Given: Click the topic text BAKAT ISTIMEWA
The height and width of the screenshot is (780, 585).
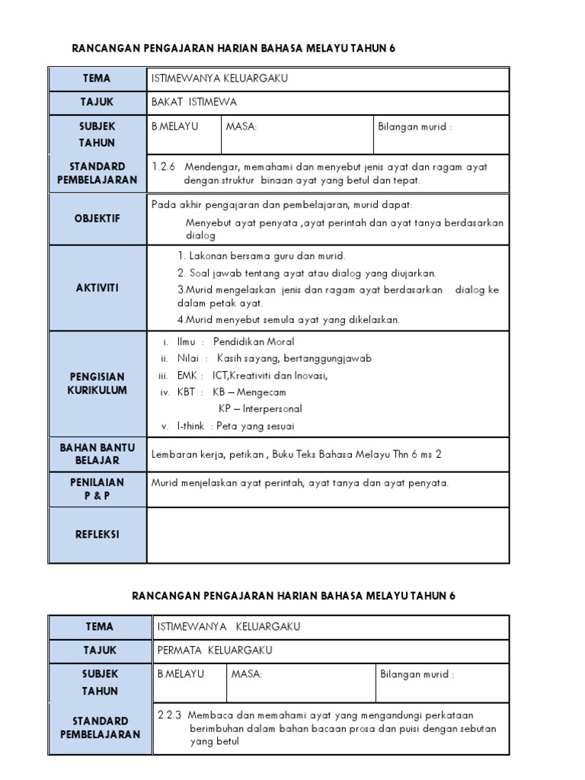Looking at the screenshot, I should point(193,102).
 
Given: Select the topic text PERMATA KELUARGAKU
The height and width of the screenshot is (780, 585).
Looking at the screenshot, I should point(214,651).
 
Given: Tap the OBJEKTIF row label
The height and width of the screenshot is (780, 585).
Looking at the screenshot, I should point(97,219).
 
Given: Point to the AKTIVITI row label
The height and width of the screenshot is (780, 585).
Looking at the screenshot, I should point(97,288).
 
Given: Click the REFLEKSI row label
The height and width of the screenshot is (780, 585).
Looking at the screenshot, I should point(97,535).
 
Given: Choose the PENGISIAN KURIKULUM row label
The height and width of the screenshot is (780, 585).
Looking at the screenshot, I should point(97,383).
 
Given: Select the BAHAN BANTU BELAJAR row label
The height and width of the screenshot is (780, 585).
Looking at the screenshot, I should point(97,454).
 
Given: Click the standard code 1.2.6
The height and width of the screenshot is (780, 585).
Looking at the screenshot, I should point(164,166).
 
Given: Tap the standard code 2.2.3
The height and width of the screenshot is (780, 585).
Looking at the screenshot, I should point(169,714).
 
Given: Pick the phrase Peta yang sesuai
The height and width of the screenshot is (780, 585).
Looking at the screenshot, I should point(255,426).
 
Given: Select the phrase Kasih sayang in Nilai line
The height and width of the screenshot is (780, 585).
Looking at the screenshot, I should point(244,358).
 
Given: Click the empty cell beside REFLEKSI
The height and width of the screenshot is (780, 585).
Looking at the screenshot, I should point(328,535).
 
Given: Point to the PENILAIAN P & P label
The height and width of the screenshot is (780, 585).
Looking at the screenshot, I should point(97,489).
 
